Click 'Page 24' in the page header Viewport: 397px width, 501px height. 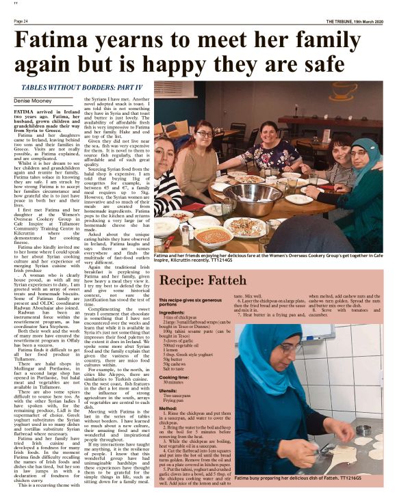[x=21, y=21]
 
